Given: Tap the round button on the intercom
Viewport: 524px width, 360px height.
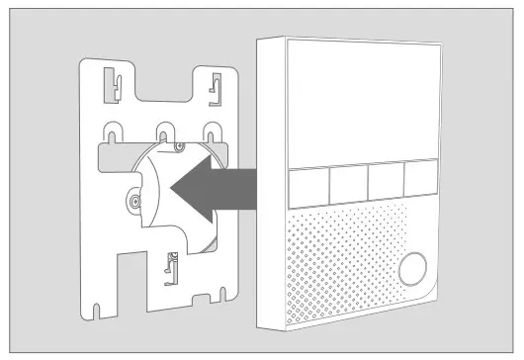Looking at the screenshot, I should click(x=414, y=267).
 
